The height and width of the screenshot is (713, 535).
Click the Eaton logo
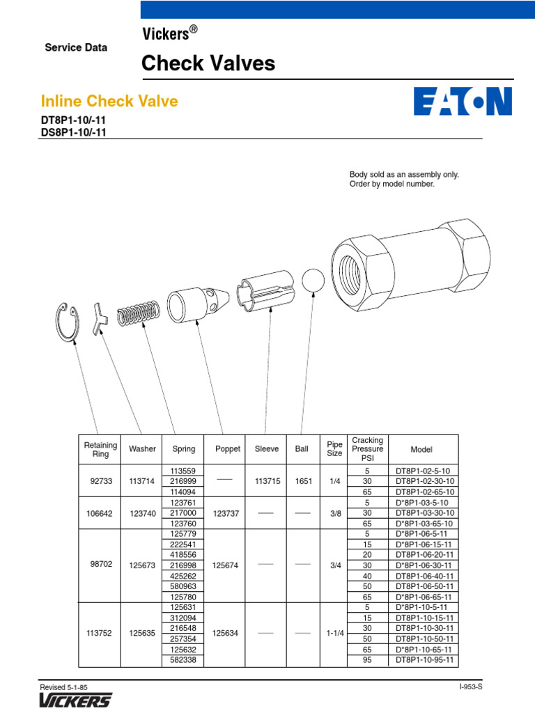point(463,101)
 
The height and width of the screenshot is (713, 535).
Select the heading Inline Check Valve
point(109,101)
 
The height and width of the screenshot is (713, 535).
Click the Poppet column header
point(228,449)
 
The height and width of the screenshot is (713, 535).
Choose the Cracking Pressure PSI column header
point(367,449)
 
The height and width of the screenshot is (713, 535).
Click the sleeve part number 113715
point(267,480)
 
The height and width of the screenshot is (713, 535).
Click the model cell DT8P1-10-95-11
point(424,660)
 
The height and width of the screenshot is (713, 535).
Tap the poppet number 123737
point(228,512)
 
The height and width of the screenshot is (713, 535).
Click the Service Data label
point(76,48)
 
